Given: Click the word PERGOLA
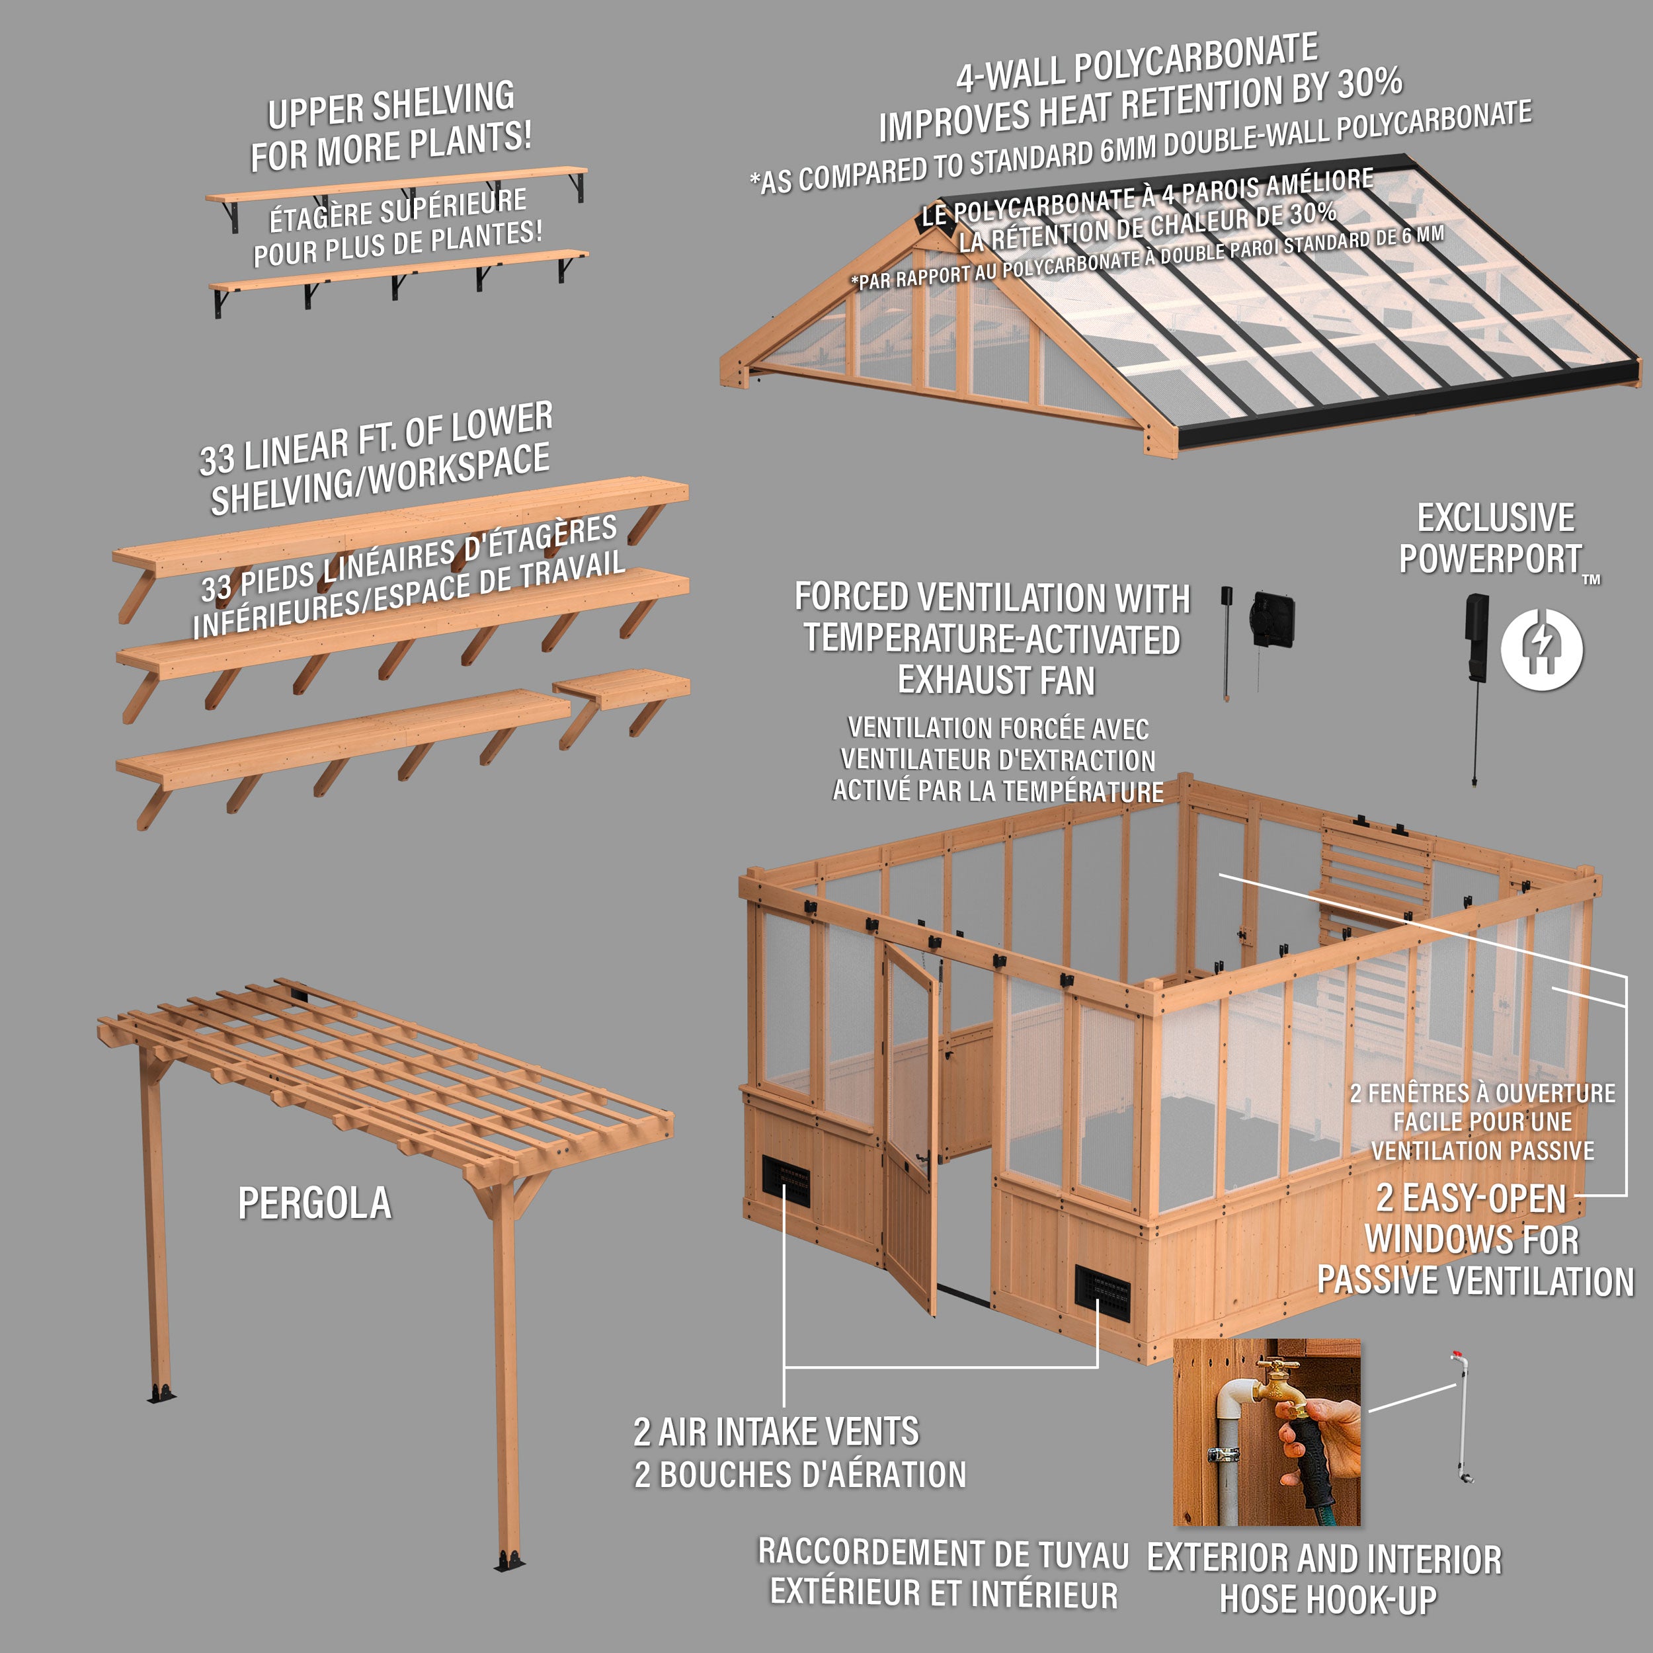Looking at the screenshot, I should (x=314, y=1204).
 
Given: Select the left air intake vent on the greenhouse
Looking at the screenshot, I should (x=786, y=1182).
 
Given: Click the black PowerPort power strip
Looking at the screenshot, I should (x=1476, y=637).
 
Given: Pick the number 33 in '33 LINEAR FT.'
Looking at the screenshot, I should (x=216, y=460).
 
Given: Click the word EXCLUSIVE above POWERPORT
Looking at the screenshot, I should (x=1496, y=518).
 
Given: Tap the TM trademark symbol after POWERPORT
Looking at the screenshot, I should (x=1591, y=580).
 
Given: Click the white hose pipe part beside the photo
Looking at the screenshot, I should (x=1461, y=1420).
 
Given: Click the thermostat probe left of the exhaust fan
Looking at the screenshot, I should (x=1226, y=641).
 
